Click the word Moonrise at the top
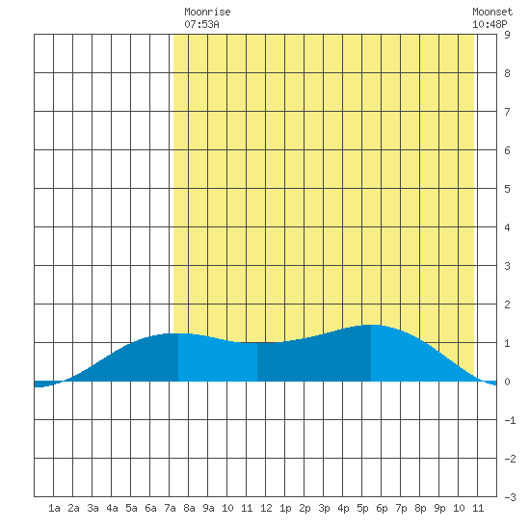(x=207, y=12)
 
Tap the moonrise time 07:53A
(x=201, y=24)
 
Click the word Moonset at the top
(x=492, y=12)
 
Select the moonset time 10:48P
(x=490, y=24)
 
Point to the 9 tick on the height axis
(x=507, y=35)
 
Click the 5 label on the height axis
(x=507, y=189)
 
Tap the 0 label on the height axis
(x=507, y=382)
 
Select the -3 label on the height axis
(x=510, y=497)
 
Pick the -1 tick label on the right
(x=510, y=420)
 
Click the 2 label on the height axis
(x=507, y=305)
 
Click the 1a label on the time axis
(x=54, y=508)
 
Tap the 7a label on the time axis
(x=170, y=508)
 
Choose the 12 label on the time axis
(x=266, y=508)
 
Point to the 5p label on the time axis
(x=362, y=508)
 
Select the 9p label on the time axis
(x=439, y=508)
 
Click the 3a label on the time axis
(x=93, y=508)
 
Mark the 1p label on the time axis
(x=285, y=508)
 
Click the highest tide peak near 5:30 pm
(x=371, y=325)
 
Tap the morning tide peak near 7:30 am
(x=178, y=334)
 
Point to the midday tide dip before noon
(x=257, y=343)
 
